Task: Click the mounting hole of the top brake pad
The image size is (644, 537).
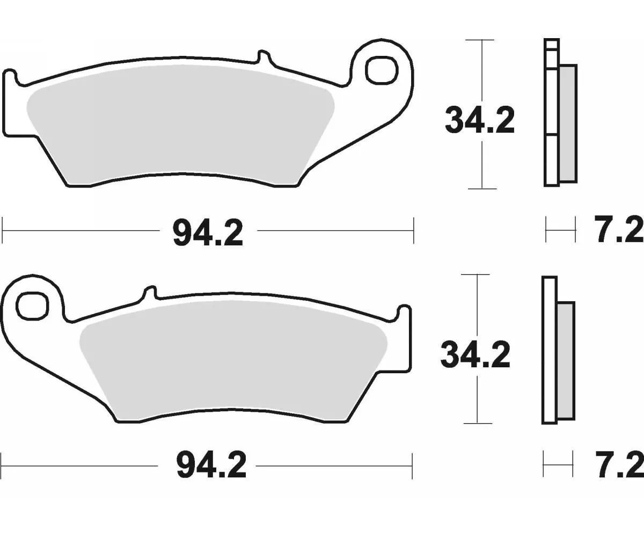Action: (x=382, y=69)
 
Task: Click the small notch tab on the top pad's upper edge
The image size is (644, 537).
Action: (x=264, y=55)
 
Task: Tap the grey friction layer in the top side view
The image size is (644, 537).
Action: (x=568, y=124)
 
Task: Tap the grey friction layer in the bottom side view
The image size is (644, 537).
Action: (x=566, y=361)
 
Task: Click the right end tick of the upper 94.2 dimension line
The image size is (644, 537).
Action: (x=413, y=230)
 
